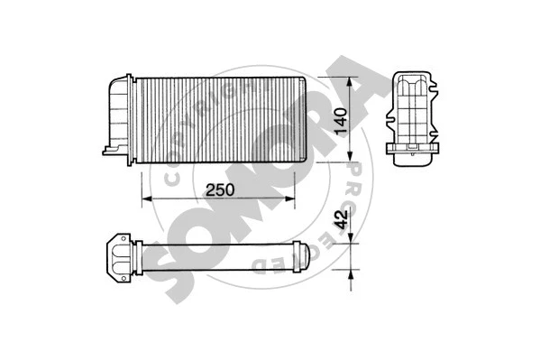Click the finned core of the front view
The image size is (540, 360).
tap(216, 120)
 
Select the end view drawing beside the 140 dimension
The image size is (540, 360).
tap(416, 115)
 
